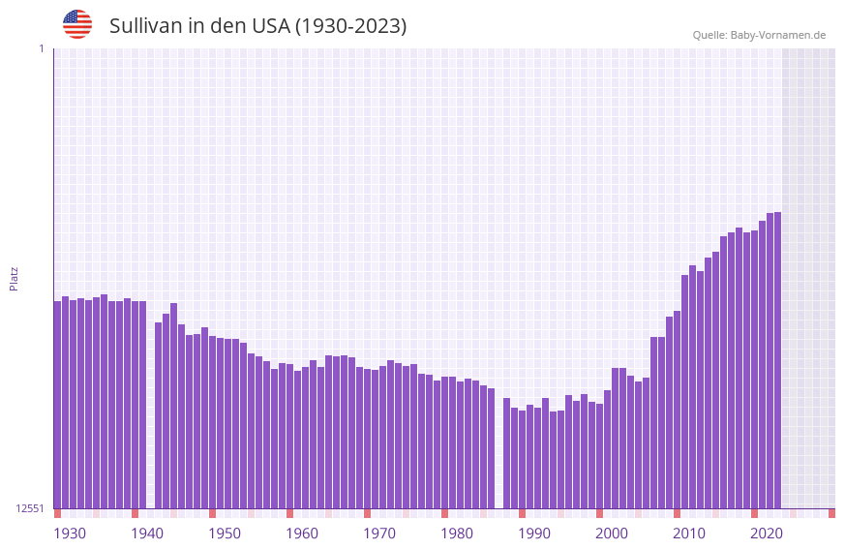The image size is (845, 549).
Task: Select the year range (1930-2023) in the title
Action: point(349,26)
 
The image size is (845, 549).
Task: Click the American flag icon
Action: point(77,24)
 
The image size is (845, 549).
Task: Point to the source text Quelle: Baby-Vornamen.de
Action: point(759,35)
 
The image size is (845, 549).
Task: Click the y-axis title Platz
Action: point(14,278)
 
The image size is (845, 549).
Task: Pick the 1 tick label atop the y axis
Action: point(41,48)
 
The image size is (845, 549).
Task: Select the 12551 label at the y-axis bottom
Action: point(30,508)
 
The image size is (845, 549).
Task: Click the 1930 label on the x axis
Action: point(70,534)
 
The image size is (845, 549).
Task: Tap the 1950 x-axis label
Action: point(225,534)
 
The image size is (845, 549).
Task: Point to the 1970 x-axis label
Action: point(379,534)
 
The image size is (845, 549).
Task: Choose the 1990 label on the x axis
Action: point(534,534)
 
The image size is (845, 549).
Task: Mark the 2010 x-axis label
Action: point(689,534)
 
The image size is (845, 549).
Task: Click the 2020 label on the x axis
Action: point(767,534)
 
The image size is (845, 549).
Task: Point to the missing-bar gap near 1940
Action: point(151,407)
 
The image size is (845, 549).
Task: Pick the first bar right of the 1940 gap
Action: point(159,415)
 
